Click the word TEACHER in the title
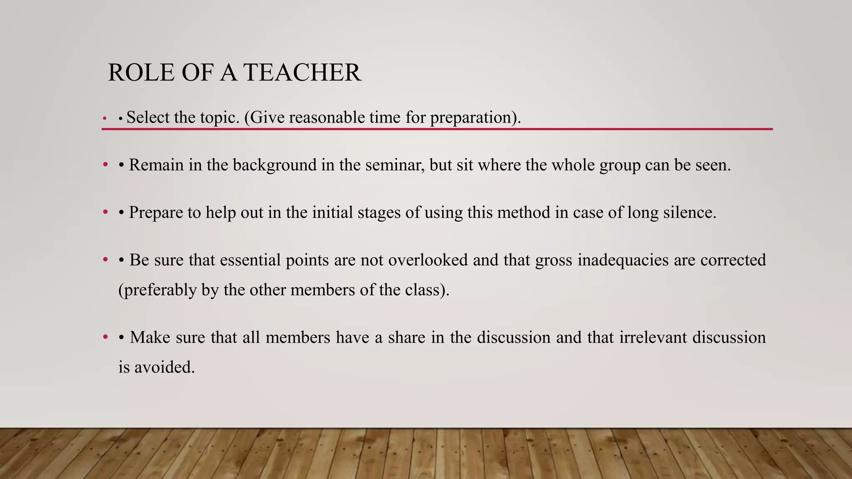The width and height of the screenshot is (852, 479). pos(302,73)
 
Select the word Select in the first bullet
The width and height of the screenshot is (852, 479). pos(149,117)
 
